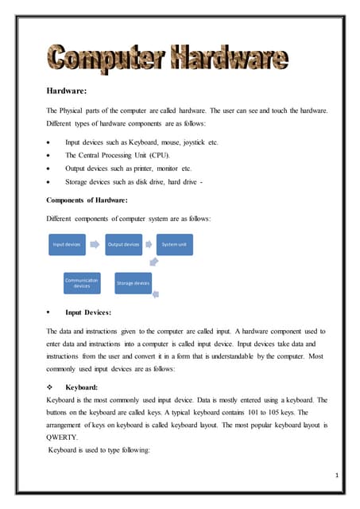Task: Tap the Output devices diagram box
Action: tap(123, 245)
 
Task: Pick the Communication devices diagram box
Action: tap(82, 283)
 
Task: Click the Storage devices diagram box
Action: tap(133, 283)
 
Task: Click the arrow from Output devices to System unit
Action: tap(149, 245)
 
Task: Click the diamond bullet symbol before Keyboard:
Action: tap(50, 387)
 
